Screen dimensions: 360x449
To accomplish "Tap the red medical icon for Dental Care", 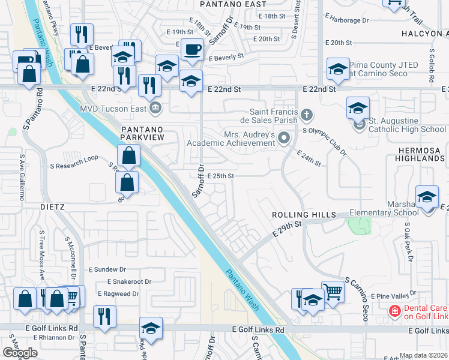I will [x=394, y=311].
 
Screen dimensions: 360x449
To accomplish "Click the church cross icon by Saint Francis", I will [x=306, y=113].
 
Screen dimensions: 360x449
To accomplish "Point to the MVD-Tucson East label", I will [x=114, y=109].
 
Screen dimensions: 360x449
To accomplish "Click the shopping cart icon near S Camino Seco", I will [x=333, y=292].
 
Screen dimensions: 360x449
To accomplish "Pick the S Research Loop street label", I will [x=74, y=158].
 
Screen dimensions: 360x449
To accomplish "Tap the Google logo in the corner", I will [x=20, y=353].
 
